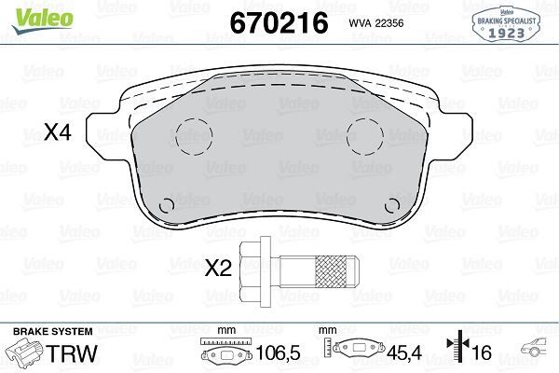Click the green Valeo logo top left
coord(42,21)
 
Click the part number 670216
coord(279,22)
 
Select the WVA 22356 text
coord(376,23)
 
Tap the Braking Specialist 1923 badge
coord(506,24)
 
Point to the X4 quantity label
coord(58,132)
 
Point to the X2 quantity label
coord(218,268)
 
